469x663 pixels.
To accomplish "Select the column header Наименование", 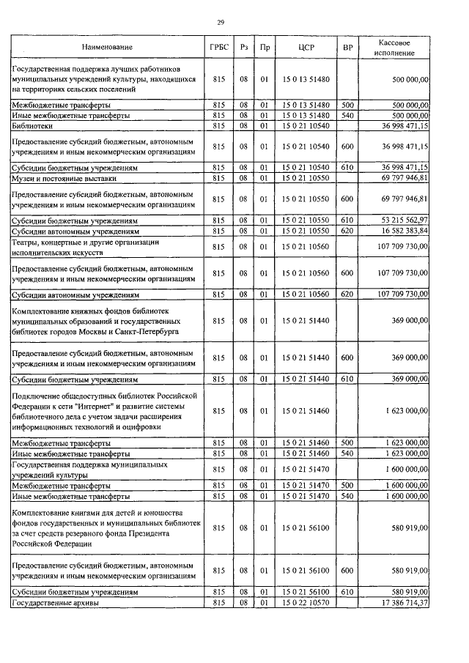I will coord(108,48).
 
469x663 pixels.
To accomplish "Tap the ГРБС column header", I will coord(218,48).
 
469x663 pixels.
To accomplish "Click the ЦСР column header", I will coord(306,48).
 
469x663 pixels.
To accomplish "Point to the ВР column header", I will coord(347,48).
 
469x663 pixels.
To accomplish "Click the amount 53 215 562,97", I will coord(401,220).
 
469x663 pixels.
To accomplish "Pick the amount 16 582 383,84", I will coord(401,230).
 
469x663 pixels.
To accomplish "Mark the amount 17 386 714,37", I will coord(401,602).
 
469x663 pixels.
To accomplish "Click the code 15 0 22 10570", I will coord(306,602).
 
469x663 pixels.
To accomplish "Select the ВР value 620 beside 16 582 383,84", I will coord(347,230).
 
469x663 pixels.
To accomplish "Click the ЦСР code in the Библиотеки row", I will coord(306,126).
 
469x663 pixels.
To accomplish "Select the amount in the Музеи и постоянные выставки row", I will coord(401,178).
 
